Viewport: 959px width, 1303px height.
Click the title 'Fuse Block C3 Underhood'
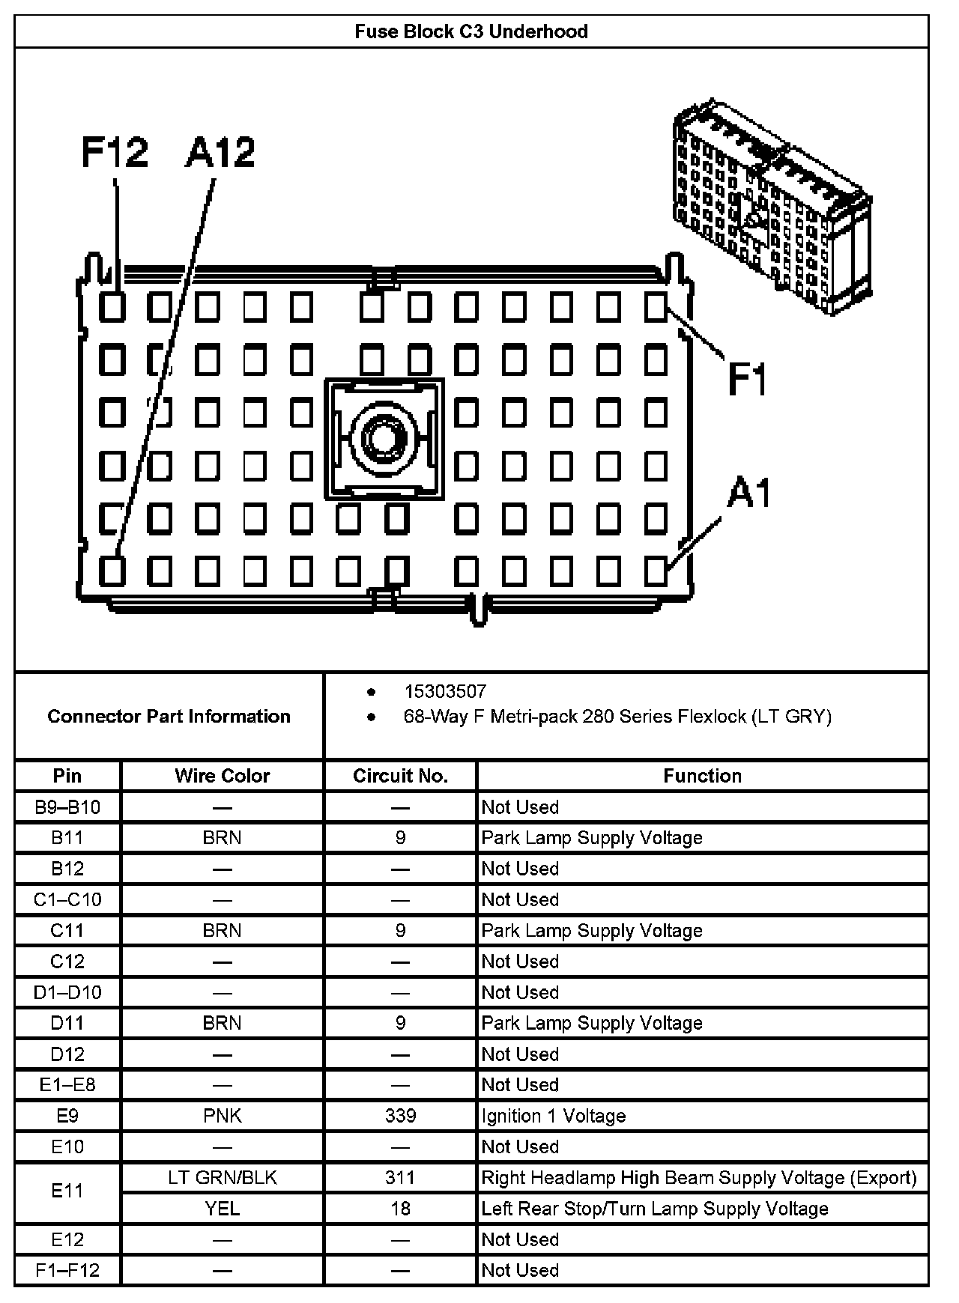(471, 31)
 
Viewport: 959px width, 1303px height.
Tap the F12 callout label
(115, 153)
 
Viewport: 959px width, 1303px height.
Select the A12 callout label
(220, 153)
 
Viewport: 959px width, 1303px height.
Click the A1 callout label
(748, 494)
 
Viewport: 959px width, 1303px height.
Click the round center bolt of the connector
(384, 438)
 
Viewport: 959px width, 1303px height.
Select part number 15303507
(445, 691)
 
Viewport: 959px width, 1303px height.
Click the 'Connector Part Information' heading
(169, 717)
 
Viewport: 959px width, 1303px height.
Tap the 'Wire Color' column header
(222, 776)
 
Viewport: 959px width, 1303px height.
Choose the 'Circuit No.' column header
(400, 776)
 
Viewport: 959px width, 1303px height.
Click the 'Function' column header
(702, 776)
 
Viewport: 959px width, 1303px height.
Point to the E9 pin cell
(67, 1116)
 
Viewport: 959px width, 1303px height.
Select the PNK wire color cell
(222, 1116)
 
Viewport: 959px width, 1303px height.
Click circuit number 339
(400, 1116)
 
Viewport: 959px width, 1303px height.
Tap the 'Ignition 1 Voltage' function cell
(553, 1116)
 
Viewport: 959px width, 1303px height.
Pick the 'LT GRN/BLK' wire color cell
(222, 1178)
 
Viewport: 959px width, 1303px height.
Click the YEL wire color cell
(222, 1209)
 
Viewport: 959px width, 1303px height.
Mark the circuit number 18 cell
(400, 1209)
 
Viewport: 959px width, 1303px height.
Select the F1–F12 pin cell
(67, 1271)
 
